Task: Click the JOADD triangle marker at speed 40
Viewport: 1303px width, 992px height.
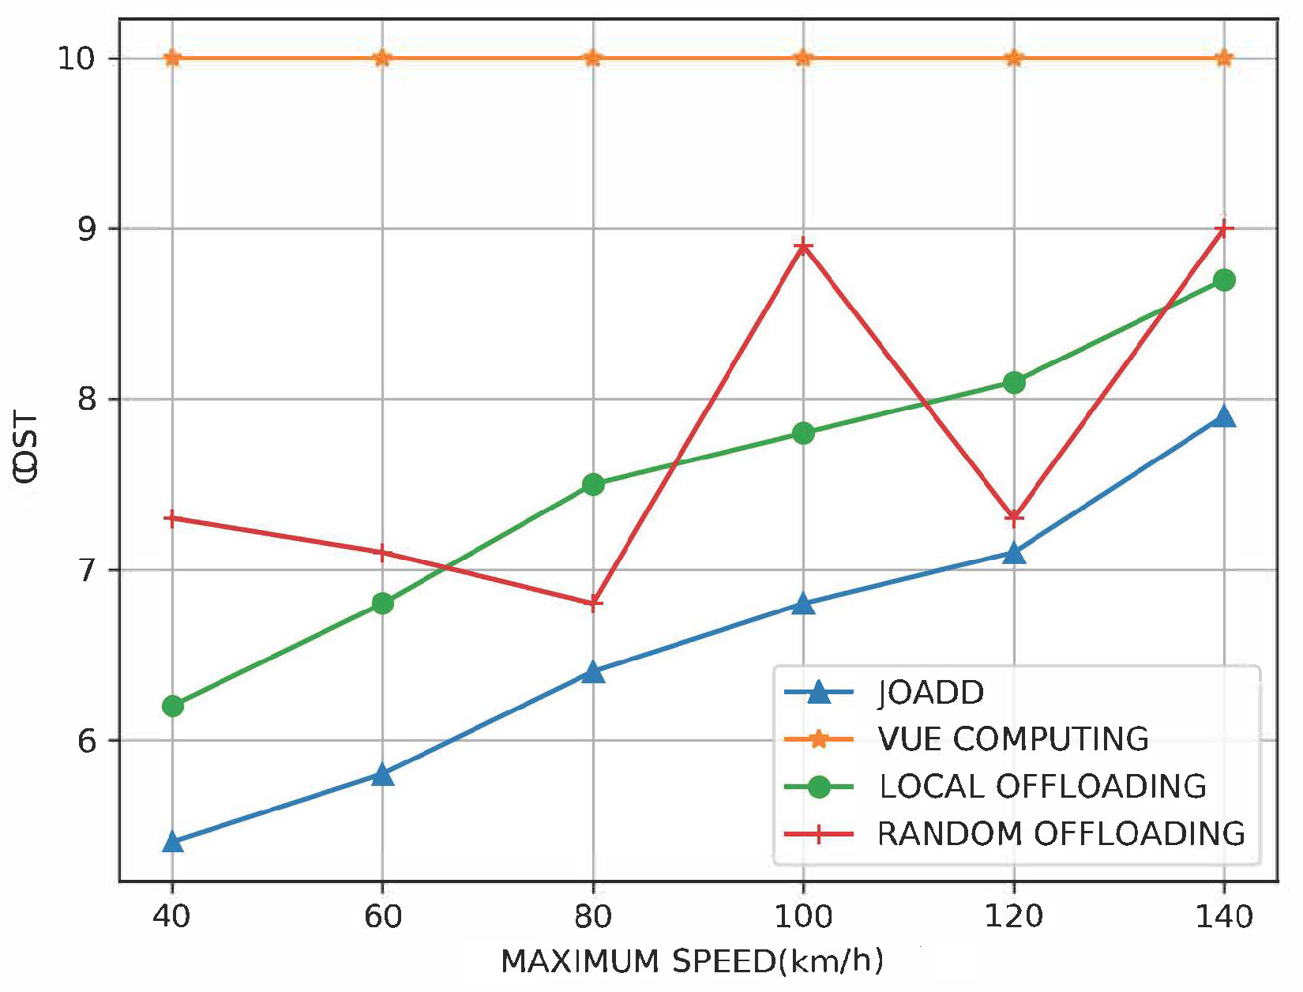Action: pyautogui.click(x=172, y=842)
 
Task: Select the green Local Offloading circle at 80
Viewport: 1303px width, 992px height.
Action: pyautogui.click(x=593, y=484)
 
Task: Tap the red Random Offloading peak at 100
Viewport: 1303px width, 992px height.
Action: pyautogui.click(x=803, y=246)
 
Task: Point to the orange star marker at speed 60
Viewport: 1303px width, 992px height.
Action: pyautogui.click(x=382, y=58)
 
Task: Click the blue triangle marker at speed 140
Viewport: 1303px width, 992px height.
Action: pyautogui.click(x=1224, y=416)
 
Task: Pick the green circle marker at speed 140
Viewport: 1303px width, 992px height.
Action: pyautogui.click(x=1224, y=280)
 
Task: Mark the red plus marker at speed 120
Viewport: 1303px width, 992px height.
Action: pyautogui.click(x=1014, y=517)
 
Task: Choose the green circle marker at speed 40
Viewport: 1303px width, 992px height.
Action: pyautogui.click(x=172, y=705)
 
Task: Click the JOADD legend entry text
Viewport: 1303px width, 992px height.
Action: pyautogui.click(x=931, y=693)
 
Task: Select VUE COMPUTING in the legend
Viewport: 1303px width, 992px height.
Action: pyautogui.click(x=1013, y=739)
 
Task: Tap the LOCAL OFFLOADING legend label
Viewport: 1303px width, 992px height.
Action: pyautogui.click(x=1042, y=787)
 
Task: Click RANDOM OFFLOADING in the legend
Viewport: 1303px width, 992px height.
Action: pyautogui.click(x=1061, y=834)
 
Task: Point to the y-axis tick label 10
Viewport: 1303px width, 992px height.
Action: pyautogui.click(x=76, y=59)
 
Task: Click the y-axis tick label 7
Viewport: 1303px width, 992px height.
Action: pyautogui.click(x=86, y=570)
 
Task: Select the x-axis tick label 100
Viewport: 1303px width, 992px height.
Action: pyautogui.click(x=803, y=917)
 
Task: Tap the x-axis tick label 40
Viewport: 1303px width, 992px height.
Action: pyautogui.click(x=171, y=917)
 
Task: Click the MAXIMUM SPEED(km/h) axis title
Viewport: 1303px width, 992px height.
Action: pyautogui.click(x=692, y=962)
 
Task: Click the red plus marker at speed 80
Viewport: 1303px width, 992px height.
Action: pyautogui.click(x=593, y=603)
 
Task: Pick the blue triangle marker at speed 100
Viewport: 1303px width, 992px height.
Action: pyautogui.click(x=803, y=604)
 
